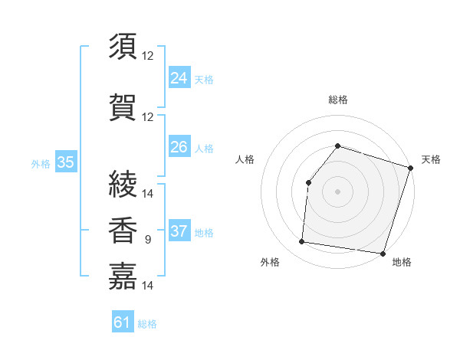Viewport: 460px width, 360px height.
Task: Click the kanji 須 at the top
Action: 123,47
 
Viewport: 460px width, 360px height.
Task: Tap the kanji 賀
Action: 123,106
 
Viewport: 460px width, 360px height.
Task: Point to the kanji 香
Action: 123,230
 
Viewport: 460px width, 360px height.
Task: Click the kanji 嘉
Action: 123,276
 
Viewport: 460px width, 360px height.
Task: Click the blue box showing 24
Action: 179,77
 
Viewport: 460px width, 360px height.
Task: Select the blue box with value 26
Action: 179,146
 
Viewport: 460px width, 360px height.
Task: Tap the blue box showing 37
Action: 179,231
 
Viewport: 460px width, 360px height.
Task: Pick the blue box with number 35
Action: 65,162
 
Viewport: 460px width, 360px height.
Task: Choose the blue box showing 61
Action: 123,322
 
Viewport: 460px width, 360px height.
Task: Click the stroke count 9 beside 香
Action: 148,240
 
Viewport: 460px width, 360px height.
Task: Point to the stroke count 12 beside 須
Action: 148,56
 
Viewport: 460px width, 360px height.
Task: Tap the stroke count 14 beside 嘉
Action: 148,286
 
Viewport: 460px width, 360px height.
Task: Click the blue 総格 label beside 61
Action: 147,324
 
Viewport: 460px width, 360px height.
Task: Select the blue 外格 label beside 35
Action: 41,163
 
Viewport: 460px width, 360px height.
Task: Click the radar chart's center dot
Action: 337,191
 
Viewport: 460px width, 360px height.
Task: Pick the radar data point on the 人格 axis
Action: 308,182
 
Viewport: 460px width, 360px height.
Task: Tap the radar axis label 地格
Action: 402,262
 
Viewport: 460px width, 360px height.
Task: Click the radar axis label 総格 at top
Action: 337,100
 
